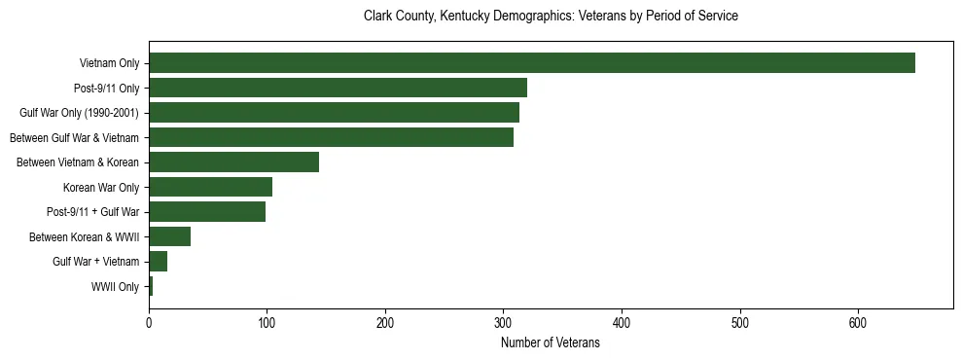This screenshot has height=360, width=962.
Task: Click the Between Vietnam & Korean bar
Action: point(233,162)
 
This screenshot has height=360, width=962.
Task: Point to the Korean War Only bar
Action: point(210,187)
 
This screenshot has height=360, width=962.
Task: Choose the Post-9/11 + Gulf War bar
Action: point(207,212)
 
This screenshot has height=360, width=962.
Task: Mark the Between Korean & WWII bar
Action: point(169,236)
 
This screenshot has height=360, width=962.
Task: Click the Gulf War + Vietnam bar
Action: point(158,262)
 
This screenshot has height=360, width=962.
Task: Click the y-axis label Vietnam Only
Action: point(109,64)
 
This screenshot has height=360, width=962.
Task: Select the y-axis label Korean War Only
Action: point(101,188)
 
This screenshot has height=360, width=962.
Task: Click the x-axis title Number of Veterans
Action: point(550,343)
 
